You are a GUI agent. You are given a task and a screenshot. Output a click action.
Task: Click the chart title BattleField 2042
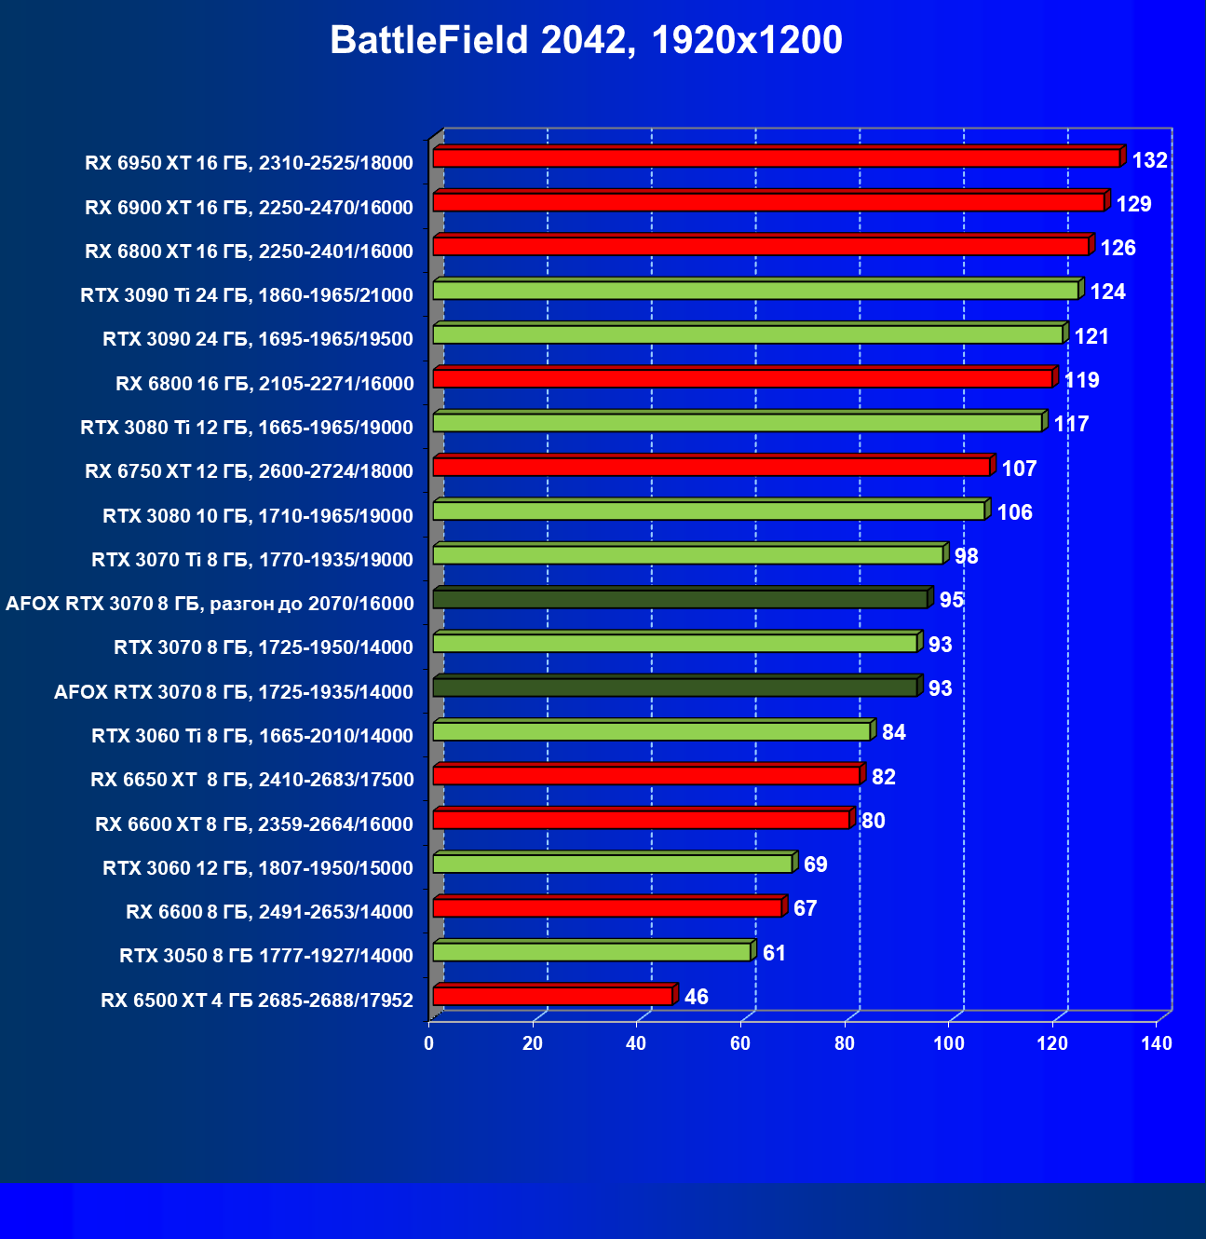(x=586, y=41)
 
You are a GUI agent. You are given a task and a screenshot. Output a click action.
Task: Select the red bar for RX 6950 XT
(x=776, y=158)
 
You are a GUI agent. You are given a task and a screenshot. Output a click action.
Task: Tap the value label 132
(x=1149, y=160)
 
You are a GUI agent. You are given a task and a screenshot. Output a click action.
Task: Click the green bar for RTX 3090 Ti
(x=755, y=291)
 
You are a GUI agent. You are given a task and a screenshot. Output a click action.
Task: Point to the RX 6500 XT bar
(x=553, y=996)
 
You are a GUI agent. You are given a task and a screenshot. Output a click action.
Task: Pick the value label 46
(x=696, y=997)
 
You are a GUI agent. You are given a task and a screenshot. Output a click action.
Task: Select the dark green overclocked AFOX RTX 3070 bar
(x=680, y=599)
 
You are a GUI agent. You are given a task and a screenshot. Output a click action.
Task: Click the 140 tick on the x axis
(x=1157, y=1043)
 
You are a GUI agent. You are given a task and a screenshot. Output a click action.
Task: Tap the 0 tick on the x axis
(x=429, y=1043)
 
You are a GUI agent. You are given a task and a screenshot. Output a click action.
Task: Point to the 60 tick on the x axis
(x=740, y=1043)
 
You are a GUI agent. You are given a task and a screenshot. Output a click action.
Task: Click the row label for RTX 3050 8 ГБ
(x=266, y=956)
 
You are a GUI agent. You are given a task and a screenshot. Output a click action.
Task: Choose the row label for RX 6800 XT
(x=249, y=252)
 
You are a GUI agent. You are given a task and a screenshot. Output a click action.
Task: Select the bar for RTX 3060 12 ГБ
(x=613, y=864)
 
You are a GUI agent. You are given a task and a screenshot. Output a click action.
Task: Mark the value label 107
(x=1019, y=469)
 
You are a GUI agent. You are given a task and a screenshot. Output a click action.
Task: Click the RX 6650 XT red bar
(x=646, y=775)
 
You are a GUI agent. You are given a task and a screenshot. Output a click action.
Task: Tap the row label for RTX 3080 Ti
(x=247, y=428)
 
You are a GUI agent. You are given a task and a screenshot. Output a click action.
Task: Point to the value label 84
(x=893, y=732)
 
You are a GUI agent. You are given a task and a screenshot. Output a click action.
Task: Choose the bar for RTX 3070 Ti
(x=688, y=555)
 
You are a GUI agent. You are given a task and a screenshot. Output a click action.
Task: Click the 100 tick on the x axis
(x=949, y=1043)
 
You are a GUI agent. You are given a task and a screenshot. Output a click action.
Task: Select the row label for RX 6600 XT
(x=254, y=824)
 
